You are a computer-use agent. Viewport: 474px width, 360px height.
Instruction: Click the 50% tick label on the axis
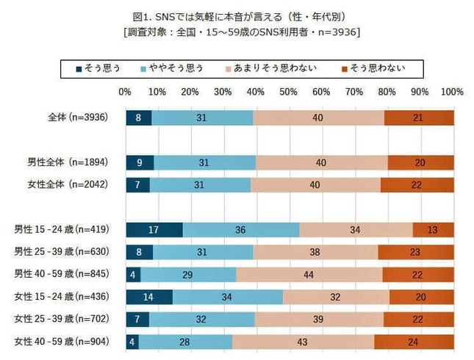(289, 93)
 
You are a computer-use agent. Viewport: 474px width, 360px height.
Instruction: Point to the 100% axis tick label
(452, 93)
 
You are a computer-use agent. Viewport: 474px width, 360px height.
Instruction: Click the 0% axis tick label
(125, 93)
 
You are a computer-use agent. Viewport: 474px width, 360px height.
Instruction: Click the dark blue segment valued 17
(154, 230)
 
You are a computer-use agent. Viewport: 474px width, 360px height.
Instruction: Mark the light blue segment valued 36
(241, 230)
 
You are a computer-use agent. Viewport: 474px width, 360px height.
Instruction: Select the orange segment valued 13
(433, 230)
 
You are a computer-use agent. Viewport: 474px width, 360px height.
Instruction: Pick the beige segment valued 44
(309, 275)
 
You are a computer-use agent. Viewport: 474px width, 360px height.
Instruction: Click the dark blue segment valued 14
(149, 297)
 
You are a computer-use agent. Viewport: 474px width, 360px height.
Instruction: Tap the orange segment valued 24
(414, 342)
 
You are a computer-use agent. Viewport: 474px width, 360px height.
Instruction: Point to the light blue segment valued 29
(188, 275)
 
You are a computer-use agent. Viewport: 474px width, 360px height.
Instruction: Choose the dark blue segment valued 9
(140, 162)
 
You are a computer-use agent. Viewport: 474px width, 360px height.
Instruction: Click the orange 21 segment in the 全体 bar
(419, 118)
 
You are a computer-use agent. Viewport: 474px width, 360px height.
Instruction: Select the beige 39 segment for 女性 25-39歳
(319, 320)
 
